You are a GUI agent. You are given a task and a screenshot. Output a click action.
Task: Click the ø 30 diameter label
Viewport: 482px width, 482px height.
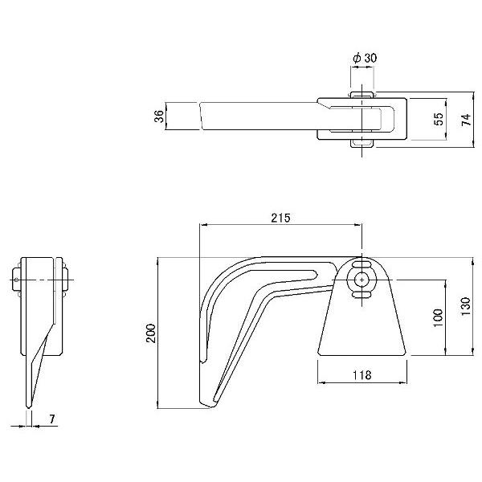click(x=365, y=58)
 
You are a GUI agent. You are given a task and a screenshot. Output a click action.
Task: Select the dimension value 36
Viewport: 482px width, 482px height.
click(x=159, y=116)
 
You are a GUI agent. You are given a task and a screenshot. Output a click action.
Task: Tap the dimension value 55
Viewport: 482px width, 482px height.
click(x=439, y=119)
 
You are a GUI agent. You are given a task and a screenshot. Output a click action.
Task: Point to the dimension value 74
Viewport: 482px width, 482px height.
click(x=466, y=120)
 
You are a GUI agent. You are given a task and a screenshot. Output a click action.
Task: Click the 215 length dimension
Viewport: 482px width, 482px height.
click(x=280, y=218)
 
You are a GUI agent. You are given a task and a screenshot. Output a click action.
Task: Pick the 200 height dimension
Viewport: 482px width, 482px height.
click(x=151, y=333)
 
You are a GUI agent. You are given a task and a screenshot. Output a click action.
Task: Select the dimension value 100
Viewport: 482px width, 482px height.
click(x=438, y=318)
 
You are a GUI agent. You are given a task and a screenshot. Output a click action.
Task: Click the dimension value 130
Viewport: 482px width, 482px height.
click(x=465, y=306)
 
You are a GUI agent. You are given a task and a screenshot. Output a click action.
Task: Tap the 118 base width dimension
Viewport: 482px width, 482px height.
click(x=361, y=374)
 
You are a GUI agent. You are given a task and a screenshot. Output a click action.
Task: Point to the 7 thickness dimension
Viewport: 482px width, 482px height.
click(x=52, y=419)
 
